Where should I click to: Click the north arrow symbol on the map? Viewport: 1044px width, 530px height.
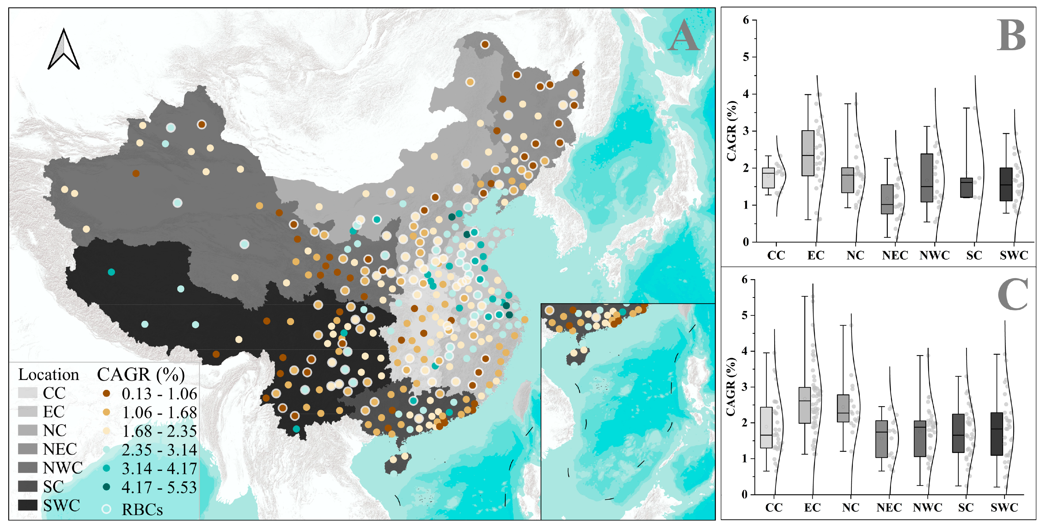pos(64,49)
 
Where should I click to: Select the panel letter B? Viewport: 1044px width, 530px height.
pos(1011,35)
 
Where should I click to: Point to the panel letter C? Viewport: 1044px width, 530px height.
pos(1012,295)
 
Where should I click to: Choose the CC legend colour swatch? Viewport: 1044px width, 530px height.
pos(27,393)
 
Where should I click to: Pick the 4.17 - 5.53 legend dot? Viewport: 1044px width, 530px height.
pos(107,487)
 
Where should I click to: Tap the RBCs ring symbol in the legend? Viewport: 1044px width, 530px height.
pos(107,509)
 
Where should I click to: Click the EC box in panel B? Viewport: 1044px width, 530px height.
pos(808,153)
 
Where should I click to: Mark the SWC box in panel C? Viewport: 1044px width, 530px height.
pos(997,434)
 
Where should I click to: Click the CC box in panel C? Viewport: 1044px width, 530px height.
pos(766,427)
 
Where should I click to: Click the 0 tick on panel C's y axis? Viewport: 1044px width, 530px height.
pos(745,494)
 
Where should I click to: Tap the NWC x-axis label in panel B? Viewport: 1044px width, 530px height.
pos(934,255)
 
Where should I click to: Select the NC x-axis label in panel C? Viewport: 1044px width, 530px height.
pos(850,507)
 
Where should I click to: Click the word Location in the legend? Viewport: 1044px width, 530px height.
pos(49,375)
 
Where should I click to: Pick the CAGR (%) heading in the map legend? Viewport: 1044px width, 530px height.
pos(141,375)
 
